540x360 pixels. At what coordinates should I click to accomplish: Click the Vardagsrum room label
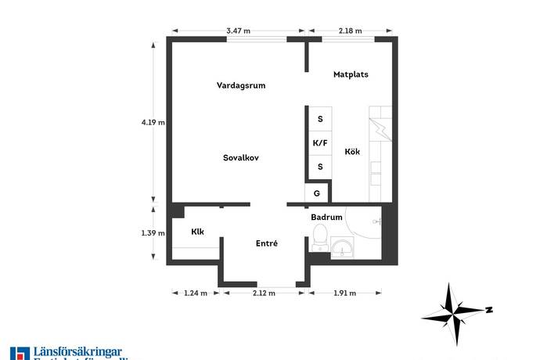[240, 85]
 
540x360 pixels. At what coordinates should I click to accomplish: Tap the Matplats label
[351, 75]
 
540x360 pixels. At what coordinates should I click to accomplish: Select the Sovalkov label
[240, 157]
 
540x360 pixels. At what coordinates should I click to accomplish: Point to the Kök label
[352, 152]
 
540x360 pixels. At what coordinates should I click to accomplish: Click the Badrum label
[326, 218]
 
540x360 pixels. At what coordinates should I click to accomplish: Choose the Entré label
[267, 244]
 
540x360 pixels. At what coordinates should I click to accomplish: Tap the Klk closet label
[198, 232]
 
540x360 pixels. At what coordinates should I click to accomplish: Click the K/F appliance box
[319, 143]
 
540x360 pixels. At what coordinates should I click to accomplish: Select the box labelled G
[317, 193]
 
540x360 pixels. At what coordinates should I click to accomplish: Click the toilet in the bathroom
[319, 236]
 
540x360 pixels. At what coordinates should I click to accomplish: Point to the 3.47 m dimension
[238, 31]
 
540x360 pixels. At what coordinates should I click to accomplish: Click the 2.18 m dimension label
[350, 31]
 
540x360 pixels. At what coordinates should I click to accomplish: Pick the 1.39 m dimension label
[153, 233]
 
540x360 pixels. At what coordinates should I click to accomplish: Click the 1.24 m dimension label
[195, 293]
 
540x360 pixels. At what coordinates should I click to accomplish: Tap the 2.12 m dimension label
[265, 293]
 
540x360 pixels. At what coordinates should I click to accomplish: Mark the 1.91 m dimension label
[344, 293]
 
